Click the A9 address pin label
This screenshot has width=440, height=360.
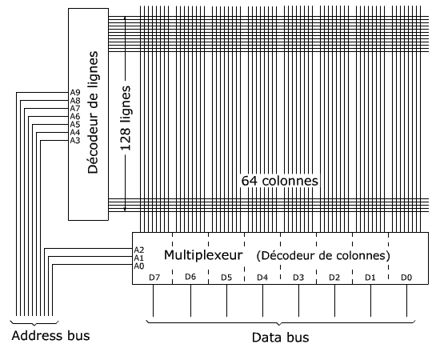[x=75, y=93]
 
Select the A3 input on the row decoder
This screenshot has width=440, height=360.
[x=75, y=140]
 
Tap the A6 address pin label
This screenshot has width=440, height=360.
[x=75, y=117]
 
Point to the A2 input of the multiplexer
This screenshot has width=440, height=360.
[x=139, y=250]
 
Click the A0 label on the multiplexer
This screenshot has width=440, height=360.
[x=139, y=266]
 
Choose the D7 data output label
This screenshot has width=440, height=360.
[x=154, y=278]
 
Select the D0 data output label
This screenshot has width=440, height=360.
[x=406, y=278]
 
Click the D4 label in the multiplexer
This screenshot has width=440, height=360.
[x=262, y=278]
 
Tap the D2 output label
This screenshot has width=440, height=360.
[x=334, y=278]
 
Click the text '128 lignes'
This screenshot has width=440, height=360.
[x=126, y=118]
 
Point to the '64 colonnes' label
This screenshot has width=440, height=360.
[x=280, y=181]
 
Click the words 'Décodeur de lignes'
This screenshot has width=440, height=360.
[x=93, y=112]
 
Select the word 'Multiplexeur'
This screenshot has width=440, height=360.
[x=203, y=255]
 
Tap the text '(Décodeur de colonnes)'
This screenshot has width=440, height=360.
[x=323, y=255]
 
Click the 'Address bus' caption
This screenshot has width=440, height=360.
[x=50, y=335]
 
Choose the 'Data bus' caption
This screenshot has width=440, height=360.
[x=280, y=338]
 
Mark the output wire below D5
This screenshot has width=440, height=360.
[x=226, y=301]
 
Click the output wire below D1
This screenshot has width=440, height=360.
[x=370, y=301]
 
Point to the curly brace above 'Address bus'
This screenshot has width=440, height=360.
[x=34, y=324]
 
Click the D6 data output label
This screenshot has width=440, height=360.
[x=190, y=277]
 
